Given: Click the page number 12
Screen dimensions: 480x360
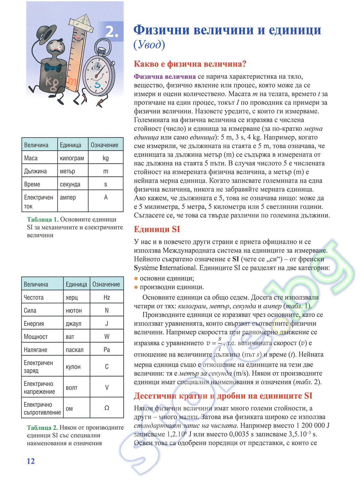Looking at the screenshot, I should [31, 461].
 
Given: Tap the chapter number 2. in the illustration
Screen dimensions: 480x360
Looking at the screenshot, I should [112, 32].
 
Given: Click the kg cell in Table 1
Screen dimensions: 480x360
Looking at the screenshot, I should [106, 158].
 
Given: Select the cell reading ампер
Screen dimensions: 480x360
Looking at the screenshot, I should [68, 197].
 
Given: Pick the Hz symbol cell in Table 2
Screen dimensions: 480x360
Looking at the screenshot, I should [107, 297].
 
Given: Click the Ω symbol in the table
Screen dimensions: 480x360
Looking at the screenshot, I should [107, 408].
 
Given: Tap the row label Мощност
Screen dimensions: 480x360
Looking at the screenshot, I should [36, 337].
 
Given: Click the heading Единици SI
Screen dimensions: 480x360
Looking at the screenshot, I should [157, 229].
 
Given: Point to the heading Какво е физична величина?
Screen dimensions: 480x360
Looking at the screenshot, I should [190, 64].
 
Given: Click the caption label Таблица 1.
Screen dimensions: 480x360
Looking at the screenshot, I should [43, 220].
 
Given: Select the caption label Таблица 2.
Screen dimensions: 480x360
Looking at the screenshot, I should [43, 428].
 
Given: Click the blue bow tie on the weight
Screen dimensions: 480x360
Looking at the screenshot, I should [53, 68].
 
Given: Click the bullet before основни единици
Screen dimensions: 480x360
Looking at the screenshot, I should [136, 278].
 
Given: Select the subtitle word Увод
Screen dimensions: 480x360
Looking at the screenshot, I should [149, 45].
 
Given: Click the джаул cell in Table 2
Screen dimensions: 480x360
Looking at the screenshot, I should [73, 324].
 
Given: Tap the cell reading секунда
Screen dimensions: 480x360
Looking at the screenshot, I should [70, 184].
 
